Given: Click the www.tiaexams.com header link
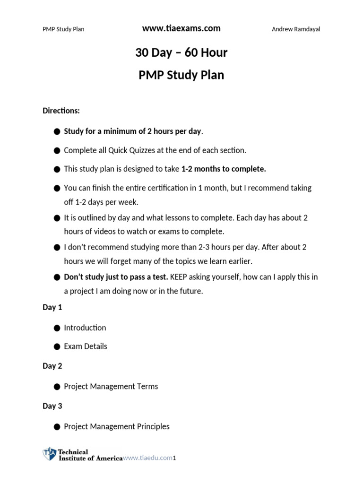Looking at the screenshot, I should pos(181,28).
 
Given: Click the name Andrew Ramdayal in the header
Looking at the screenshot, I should pos(296,29).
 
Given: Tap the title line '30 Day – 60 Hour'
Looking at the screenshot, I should pos(181,52).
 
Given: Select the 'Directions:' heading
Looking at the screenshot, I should pos(61,111).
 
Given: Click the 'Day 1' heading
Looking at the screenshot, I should pos(52,307).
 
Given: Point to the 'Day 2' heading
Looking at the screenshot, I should pos(52,366).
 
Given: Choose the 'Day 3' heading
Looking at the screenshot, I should pos(52,406).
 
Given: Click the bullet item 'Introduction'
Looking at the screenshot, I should pos(85,328).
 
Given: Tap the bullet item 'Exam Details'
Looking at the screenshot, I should pos(86,346).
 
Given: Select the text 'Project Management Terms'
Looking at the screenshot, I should pos(111,386).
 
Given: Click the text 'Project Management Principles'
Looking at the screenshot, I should pos(116,426).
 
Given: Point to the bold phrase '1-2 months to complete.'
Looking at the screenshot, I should pos(224,169).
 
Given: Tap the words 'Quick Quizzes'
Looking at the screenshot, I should pos(131,150).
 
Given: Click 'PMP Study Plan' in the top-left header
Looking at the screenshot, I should pos(63,29).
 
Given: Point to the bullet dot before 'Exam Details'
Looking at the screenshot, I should pos(57,346).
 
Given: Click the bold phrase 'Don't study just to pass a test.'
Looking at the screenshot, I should pos(116,277).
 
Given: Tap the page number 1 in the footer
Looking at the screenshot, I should pos(174,458).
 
